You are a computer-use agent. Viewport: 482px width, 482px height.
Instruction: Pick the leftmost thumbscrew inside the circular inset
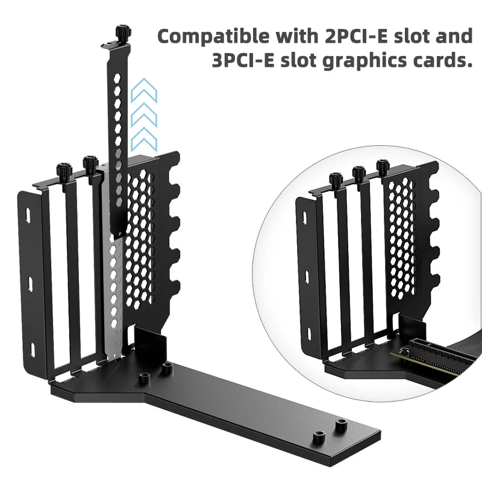(336, 180)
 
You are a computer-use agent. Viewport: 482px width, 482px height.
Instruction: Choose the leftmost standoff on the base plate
(144, 378)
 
